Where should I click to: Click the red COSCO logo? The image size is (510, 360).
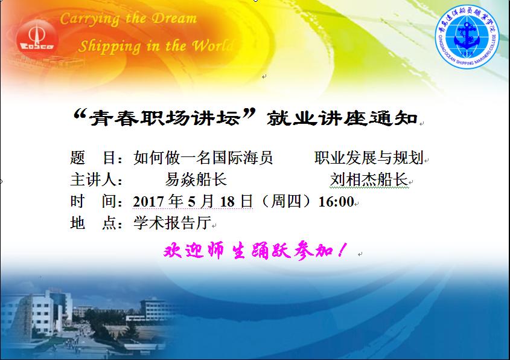click(37, 39)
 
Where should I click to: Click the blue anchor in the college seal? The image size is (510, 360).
click(467, 36)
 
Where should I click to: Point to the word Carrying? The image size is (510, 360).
click(90, 19)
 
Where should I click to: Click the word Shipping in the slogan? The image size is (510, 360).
click(110, 47)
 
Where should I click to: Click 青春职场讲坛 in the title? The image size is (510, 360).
click(165, 118)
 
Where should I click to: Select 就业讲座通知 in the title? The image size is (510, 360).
click(342, 118)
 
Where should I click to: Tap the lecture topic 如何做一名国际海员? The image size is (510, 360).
click(203, 158)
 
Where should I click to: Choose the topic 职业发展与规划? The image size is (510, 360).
click(369, 158)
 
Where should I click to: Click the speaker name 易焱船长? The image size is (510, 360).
click(196, 179)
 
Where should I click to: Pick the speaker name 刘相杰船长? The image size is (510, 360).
click(369, 179)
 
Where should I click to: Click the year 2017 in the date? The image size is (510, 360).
click(148, 202)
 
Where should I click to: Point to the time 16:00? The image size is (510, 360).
click(336, 202)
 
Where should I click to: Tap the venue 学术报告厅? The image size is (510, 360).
click(173, 223)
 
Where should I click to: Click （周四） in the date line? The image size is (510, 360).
click(285, 201)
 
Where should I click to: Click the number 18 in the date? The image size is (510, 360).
click(228, 202)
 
